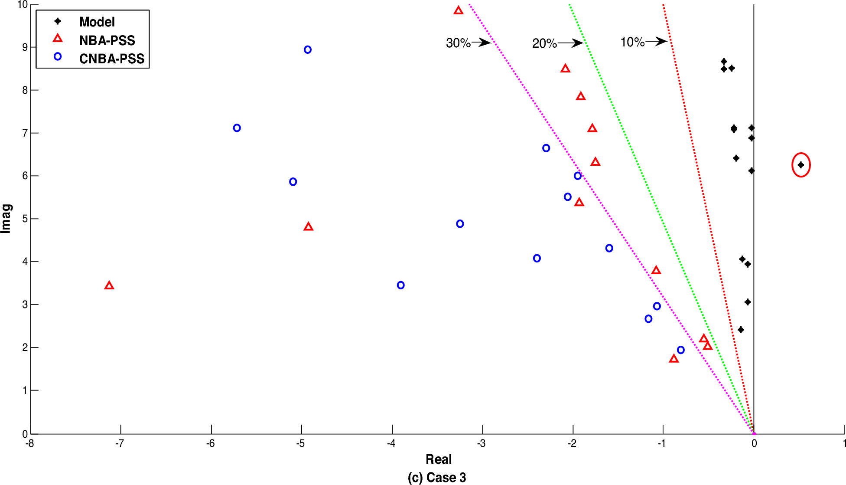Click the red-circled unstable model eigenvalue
pyautogui.click(x=800, y=165)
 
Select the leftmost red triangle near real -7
pyautogui.click(x=109, y=285)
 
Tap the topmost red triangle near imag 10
pyautogui.click(x=459, y=10)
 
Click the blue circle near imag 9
pyautogui.click(x=308, y=50)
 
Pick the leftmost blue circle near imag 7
pyautogui.click(x=237, y=128)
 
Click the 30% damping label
pyautogui.click(x=458, y=43)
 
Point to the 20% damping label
pyautogui.click(x=544, y=43)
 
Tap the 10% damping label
pyautogui.click(x=632, y=42)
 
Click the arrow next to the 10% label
pyautogui.click(x=657, y=42)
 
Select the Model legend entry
pyautogui.click(x=97, y=22)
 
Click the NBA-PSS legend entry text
pyautogui.click(x=107, y=40)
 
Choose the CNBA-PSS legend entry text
pyautogui.click(x=111, y=59)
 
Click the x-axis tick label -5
pyautogui.click(x=300, y=443)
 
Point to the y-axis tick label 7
pyautogui.click(x=25, y=133)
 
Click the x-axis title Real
pyautogui.click(x=438, y=459)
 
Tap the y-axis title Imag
pyautogui.click(x=7, y=218)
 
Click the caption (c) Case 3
pyautogui.click(x=436, y=477)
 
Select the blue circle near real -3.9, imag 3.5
pyautogui.click(x=400, y=285)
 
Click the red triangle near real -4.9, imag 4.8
pyautogui.click(x=308, y=226)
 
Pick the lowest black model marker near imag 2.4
pyautogui.click(x=741, y=330)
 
